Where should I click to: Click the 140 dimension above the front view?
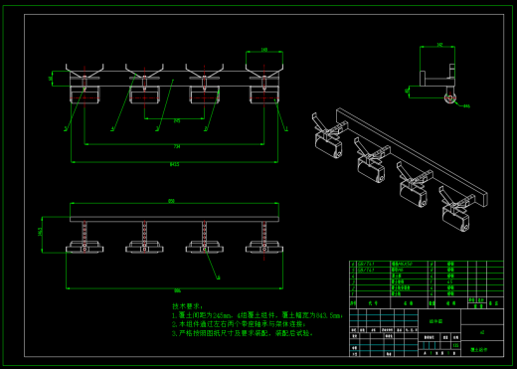coord(263,49)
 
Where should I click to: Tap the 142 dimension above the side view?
coord(438,45)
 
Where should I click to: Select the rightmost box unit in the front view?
coord(263,93)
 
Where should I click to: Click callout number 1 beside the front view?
coord(66,129)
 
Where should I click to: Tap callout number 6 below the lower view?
coord(210,270)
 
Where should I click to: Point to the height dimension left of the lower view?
coord(40,232)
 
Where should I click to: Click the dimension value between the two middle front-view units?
coord(177,120)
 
